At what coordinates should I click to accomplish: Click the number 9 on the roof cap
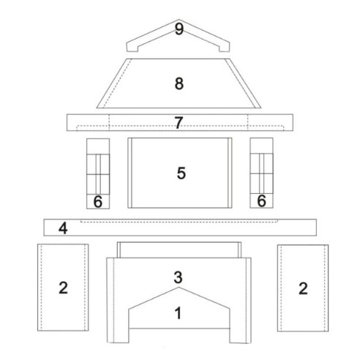click(x=179, y=29)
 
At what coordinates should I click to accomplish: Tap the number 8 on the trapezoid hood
click(x=179, y=83)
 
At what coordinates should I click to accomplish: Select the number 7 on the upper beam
click(x=179, y=123)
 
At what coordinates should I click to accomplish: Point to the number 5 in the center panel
click(x=181, y=173)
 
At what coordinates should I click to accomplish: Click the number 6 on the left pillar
click(x=98, y=202)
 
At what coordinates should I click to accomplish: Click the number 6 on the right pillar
click(x=261, y=201)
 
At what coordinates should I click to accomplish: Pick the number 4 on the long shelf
click(x=63, y=228)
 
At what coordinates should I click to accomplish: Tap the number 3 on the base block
click(x=178, y=277)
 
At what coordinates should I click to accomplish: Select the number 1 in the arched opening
click(x=179, y=313)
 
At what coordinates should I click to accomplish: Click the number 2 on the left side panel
click(x=63, y=288)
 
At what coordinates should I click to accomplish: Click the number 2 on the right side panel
click(x=303, y=288)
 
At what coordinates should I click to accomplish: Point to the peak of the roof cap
click(x=179, y=20)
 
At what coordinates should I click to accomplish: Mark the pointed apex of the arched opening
click(x=179, y=288)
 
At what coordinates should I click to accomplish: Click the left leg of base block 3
click(x=118, y=335)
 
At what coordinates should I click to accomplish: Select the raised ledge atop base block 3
click(x=179, y=250)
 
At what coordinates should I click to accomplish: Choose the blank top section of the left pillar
click(x=98, y=146)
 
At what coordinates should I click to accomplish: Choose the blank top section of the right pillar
click(x=261, y=146)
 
